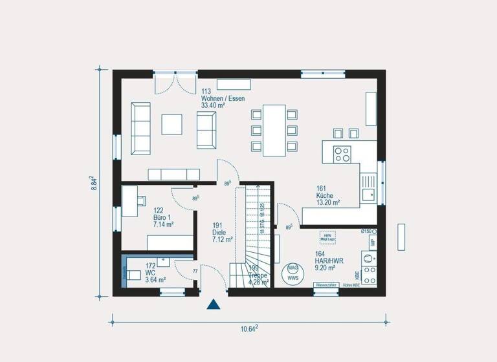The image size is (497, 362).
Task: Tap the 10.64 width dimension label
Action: [x=249, y=329]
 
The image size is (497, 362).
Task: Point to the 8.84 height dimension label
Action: [x=94, y=183]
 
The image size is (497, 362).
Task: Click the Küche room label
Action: [x=327, y=195]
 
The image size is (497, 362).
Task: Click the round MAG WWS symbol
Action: [x=293, y=271]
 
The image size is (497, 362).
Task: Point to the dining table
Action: [x=274, y=130]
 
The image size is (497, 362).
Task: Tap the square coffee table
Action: [x=172, y=123]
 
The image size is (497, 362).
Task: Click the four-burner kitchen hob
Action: [x=341, y=154]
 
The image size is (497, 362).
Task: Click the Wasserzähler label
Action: [x=326, y=285]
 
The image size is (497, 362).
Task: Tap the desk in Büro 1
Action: [x=129, y=197]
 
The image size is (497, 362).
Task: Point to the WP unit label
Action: [x=372, y=244]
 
